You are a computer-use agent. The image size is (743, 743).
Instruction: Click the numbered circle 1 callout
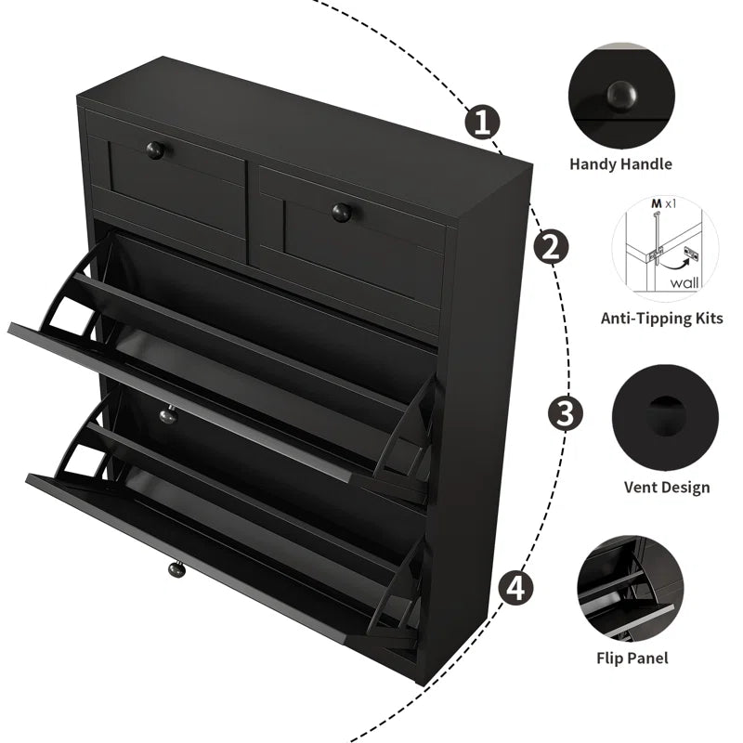(x=482, y=122)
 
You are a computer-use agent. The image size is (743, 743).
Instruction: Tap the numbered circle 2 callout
(x=550, y=247)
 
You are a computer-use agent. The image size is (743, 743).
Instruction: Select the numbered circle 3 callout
(x=565, y=412)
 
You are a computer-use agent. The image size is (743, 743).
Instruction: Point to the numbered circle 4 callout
(x=516, y=587)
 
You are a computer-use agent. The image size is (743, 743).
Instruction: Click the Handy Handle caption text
(x=620, y=164)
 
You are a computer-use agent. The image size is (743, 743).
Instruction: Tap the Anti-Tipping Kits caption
(x=661, y=319)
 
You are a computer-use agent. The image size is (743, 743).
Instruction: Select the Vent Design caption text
(x=665, y=488)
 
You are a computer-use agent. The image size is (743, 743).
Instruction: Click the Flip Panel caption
(x=632, y=658)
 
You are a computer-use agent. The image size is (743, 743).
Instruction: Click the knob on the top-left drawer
(x=155, y=150)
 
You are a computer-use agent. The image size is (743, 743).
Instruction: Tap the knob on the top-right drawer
(x=342, y=212)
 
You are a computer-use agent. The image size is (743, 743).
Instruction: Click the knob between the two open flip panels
(x=167, y=416)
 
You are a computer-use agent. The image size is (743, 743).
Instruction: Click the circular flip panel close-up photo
(x=630, y=586)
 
